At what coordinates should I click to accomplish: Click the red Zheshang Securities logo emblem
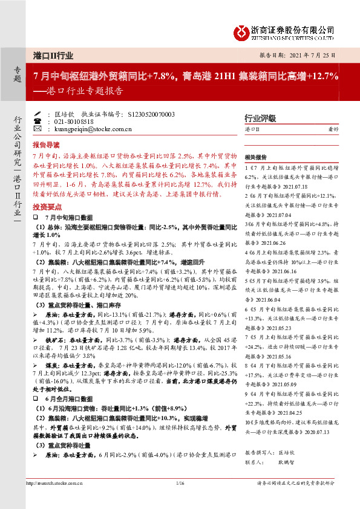pos(240,30)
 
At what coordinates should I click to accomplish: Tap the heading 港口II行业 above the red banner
pos(53,55)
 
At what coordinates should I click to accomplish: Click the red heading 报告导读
pos(45,145)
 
